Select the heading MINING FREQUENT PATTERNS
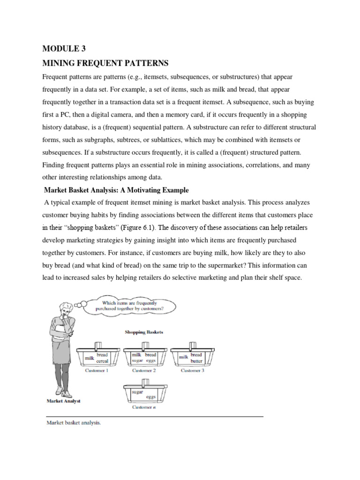105,63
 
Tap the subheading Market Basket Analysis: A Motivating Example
116,190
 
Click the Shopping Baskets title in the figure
144,332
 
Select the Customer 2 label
144,370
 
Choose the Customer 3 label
192,370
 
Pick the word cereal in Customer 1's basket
102,361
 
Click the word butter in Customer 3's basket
196,361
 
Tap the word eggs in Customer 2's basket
151,361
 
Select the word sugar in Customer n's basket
131,390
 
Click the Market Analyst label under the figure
63,401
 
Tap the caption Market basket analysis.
74,422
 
